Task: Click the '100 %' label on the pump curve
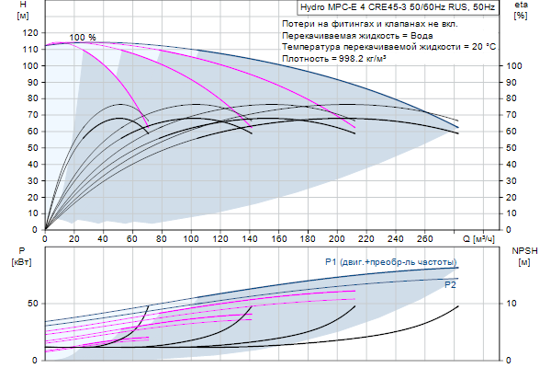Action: pos(83,38)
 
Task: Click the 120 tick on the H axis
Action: pos(33,33)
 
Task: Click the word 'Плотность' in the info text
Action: pos(306,58)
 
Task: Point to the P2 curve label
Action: pos(450,285)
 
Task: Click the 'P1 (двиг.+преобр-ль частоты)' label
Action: pos(390,263)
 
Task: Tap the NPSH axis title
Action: pos(524,249)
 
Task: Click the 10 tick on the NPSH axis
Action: pos(513,303)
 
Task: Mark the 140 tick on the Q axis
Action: pos(250,239)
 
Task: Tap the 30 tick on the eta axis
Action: pos(513,180)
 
